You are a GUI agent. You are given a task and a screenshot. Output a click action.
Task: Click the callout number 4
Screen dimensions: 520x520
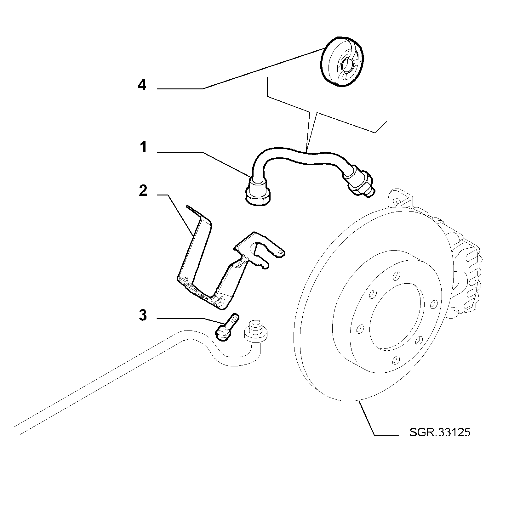click(142, 85)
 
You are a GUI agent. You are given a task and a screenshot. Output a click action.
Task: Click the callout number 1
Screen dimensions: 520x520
click(143, 147)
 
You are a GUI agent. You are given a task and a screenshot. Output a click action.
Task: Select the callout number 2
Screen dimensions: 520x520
click(143, 191)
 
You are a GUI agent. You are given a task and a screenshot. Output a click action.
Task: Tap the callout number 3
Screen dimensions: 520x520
click(143, 315)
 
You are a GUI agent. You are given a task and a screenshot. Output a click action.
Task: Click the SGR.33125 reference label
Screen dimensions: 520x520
click(440, 432)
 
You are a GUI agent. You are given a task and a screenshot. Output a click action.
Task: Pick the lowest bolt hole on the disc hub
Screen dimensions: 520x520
click(396, 359)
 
